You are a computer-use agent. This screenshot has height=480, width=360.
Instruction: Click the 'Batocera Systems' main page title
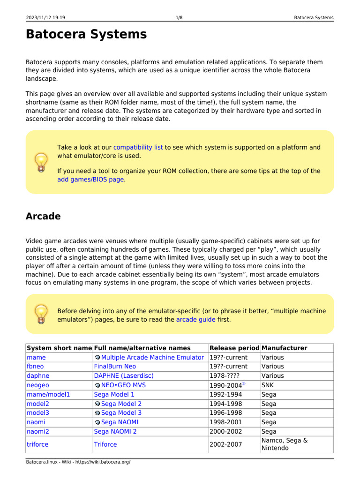tap(86, 35)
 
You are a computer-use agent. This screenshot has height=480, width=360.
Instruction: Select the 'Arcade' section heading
tap(43, 217)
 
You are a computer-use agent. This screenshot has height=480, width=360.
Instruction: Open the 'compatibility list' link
tap(138, 147)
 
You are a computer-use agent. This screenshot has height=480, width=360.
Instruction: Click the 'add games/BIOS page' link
tap(90, 179)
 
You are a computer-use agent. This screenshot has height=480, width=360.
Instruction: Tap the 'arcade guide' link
tap(195, 320)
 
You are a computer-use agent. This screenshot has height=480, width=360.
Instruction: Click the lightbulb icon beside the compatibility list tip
tap(41, 162)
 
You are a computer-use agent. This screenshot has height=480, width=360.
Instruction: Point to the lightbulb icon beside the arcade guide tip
tap(41, 314)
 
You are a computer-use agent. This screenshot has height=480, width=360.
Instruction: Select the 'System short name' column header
tap(59, 348)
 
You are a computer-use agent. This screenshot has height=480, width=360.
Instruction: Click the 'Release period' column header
tap(234, 348)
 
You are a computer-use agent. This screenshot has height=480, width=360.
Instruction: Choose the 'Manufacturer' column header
tap(285, 348)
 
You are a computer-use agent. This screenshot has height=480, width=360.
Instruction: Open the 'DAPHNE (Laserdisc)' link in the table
tap(124, 376)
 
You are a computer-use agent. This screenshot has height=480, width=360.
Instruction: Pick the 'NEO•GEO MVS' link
tap(123, 385)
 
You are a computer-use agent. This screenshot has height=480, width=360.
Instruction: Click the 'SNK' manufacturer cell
tap(268, 385)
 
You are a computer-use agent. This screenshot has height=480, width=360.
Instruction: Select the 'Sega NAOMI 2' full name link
tap(115, 431)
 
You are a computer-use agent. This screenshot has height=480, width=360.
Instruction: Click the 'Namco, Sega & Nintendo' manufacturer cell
tap(284, 444)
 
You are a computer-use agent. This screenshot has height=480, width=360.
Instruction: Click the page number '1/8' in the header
tap(179, 18)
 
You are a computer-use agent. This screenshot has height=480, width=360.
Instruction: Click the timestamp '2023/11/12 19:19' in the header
tap(45, 18)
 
